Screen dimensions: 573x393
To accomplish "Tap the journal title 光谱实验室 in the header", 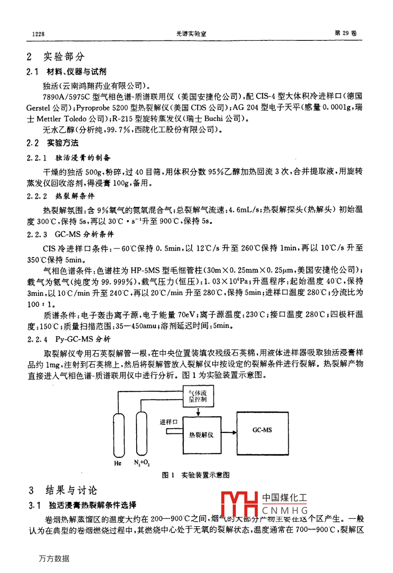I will click(191, 34).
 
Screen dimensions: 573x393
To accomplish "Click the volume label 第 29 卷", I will click(345, 33).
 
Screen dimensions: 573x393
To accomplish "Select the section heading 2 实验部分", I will click(56, 56).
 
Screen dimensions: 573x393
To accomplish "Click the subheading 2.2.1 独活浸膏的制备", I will click(69, 158).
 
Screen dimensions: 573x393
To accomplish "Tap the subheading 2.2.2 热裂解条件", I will click(61, 196).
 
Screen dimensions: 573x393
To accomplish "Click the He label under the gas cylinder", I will click(118, 463).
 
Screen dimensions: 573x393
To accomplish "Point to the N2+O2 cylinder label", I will click(142, 463).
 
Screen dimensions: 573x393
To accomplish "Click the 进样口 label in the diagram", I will click(168, 422).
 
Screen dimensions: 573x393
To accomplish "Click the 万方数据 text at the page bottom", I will click(54, 559).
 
